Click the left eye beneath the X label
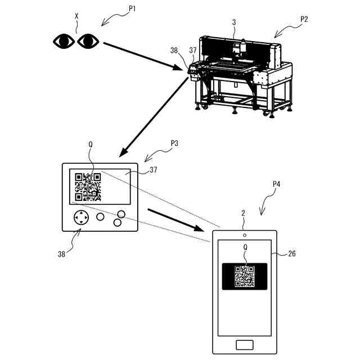pos(64,40)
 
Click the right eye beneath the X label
pos(88,40)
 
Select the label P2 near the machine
pos(304,19)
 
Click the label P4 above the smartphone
pos(277,183)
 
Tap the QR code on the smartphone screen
pos(244,276)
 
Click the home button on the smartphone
pos(244,344)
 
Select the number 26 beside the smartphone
pos(292,254)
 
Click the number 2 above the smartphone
pos(243,214)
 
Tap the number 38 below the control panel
pos(61,254)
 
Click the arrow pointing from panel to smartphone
pos(174,219)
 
